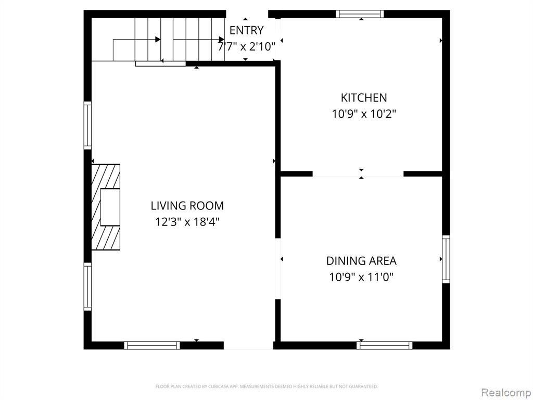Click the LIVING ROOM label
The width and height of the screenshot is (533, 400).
[187, 205]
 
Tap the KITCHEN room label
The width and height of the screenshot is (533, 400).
[364, 97]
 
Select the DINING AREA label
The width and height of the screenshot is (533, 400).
[361, 261]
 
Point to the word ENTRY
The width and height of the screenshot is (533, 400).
[246, 30]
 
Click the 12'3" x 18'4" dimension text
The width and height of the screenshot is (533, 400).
[187, 222]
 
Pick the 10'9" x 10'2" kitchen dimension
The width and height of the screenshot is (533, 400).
[364, 114]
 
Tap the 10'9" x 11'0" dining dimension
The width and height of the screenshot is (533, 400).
[361, 277]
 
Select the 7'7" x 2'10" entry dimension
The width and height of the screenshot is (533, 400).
[246, 46]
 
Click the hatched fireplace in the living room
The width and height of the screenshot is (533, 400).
[106, 207]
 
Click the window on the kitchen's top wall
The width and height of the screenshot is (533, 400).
[360, 14]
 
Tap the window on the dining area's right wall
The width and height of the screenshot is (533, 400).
[446, 259]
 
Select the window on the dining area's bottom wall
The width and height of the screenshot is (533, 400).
[385, 345]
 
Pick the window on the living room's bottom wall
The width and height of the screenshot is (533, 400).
[151, 345]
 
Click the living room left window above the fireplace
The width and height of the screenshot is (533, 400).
[87, 125]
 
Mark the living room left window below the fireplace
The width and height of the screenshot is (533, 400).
[87, 286]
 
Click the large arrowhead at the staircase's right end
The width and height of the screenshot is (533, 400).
[221, 40]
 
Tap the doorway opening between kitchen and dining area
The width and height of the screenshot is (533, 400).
[358, 174]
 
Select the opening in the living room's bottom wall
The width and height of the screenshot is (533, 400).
[248, 345]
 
